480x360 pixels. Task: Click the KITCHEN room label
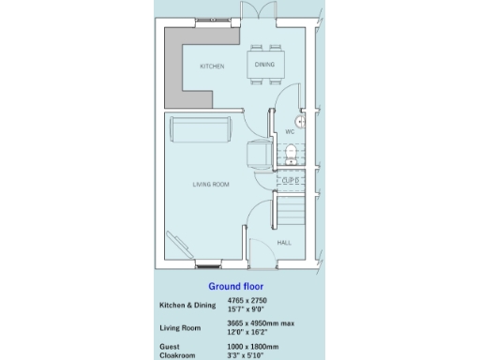point(212,67)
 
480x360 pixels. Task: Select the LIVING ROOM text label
point(211,185)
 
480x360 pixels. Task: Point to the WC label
point(290,132)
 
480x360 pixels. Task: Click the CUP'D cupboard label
point(290,179)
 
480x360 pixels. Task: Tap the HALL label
point(284,243)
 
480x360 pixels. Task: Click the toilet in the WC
point(292,153)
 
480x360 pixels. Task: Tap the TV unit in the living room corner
point(175,246)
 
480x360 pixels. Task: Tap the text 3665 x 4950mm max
point(261,322)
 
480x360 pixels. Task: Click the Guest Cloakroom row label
point(177,351)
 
